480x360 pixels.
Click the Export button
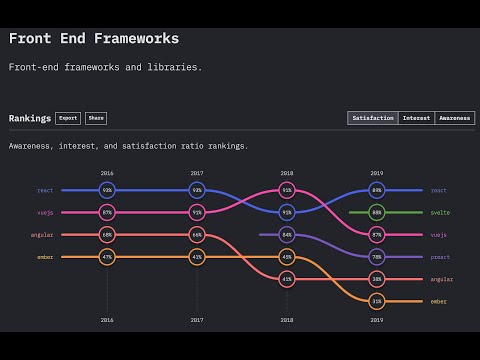pos(68,118)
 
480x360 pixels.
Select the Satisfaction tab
pos(372,118)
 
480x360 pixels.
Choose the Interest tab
pos(416,118)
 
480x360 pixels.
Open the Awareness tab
pos(455,118)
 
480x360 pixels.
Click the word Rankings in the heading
pos(30,118)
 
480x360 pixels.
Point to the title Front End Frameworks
pos(94,39)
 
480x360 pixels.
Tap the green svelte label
pos(439,212)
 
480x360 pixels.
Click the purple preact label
pos(440,257)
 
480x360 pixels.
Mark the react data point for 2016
pos(107,190)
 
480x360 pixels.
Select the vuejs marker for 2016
pos(107,212)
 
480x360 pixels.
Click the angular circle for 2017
pos(197,234)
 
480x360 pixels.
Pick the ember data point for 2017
pos(197,257)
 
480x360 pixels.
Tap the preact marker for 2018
pos(287,234)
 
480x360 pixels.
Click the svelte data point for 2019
pos(377,212)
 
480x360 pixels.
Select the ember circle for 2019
pos(377,301)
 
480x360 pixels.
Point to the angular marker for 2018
pos(287,279)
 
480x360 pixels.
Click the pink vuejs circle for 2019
pos(377,234)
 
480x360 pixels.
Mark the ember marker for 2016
pos(107,257)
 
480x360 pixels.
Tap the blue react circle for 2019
pos(377,190)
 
